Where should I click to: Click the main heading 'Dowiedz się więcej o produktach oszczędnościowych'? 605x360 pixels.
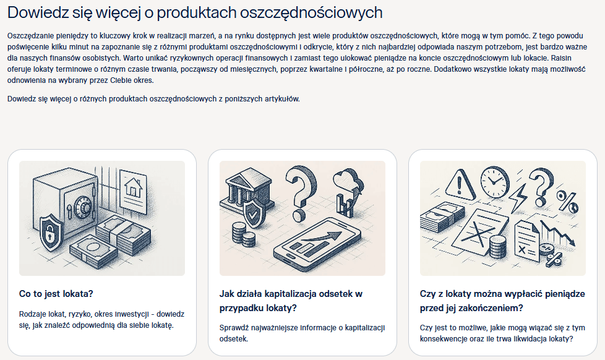pos(195,13)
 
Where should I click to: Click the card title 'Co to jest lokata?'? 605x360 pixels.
pos(56,294)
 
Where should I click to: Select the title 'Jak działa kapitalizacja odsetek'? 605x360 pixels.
pos(291,294)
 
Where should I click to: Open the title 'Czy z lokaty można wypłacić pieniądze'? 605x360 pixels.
pos(502,294)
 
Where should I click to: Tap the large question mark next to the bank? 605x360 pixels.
pos(301,193)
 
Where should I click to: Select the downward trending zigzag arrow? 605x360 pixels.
pos(558,233)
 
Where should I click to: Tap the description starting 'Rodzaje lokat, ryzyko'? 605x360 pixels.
pos(101,320)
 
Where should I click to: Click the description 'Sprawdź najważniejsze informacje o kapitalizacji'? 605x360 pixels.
pos(302,333)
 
